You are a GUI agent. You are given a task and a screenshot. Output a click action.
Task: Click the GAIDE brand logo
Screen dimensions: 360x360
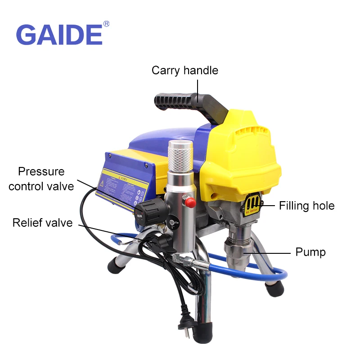[x=59, y=35]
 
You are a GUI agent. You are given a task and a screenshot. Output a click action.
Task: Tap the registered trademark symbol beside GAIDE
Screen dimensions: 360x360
[x=106, y=23]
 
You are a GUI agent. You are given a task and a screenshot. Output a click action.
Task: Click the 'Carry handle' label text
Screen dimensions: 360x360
[x=184, y=70]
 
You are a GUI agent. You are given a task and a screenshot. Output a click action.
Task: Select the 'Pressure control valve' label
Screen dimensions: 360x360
[x=41, y=179]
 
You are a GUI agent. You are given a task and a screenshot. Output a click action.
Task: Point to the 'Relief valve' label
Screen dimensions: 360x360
[x=42, y=223]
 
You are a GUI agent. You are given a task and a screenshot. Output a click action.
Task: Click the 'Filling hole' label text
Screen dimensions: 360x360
[x=307, y=206]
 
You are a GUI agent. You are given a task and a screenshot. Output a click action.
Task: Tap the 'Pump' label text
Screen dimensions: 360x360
[x=310, y=252]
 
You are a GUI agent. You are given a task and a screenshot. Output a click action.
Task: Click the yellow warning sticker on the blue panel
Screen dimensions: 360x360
[x=121, y=187]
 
